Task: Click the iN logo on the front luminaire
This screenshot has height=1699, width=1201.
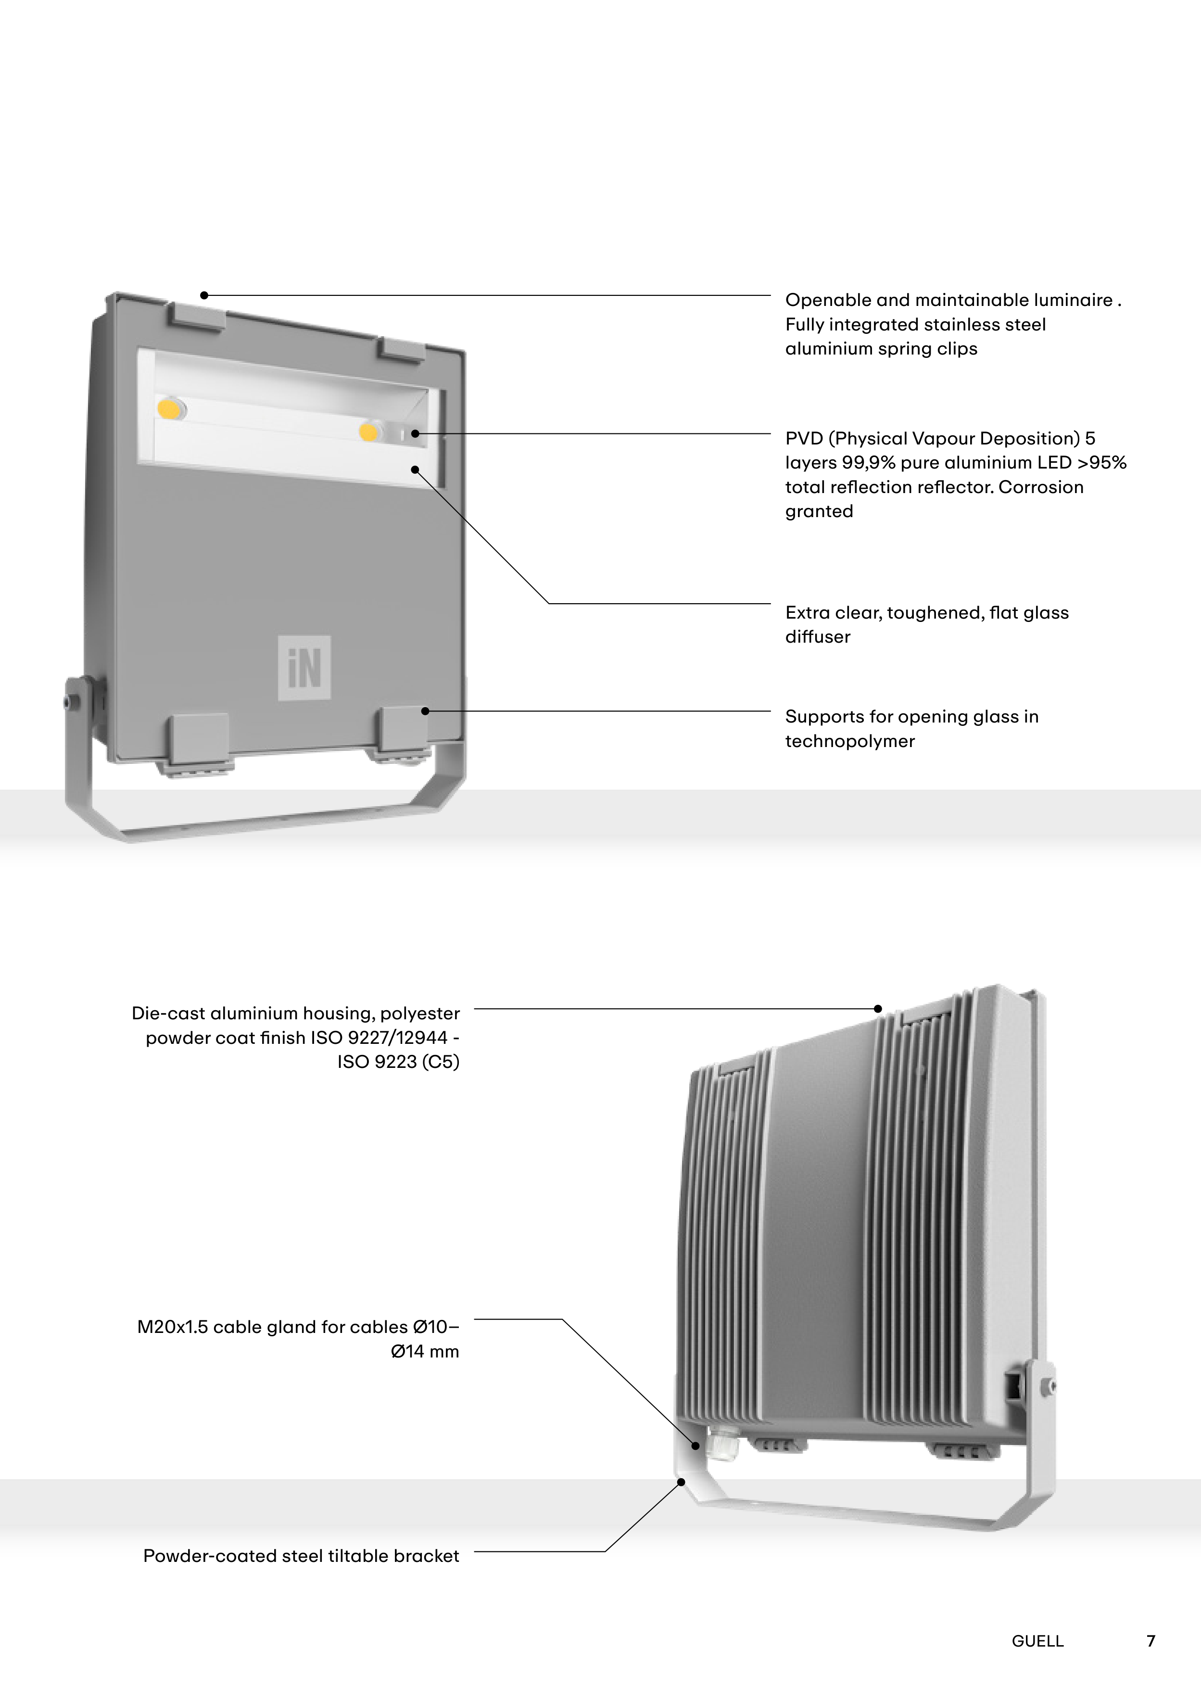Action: pyautogui.click(x=304, y=668)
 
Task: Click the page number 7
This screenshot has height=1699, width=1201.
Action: pyautogui.click(x=1150, y=1640)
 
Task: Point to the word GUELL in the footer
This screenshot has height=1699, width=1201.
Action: pyautogui.click(x=1037, y=1641)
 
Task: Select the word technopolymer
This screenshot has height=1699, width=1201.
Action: pyautogui.click(x=849, y=741)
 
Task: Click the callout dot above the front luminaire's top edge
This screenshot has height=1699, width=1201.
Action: pyautogui.click(x=204, y=296)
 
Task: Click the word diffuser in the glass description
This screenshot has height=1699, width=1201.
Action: pyautogui.click(x=817, y=637)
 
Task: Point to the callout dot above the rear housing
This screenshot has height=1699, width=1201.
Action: pyautogui.click(x=878, y=1009)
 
